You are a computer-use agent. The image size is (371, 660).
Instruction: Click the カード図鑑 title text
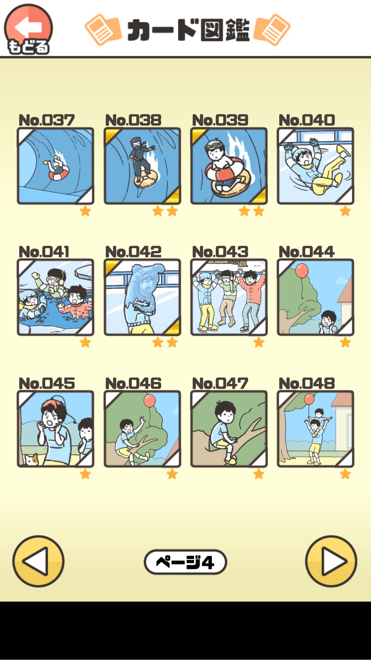[x=188, y=30]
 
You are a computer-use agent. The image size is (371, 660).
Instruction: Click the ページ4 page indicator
[x=185, y=562]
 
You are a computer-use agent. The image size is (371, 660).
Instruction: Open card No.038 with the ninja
[x=142, y=166]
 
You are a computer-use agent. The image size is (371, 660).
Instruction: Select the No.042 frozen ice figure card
[x=142, y=297]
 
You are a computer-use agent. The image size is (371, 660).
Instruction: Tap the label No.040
[x=306, y=120]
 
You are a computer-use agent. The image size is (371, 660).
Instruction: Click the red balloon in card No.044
[x=302, y=271]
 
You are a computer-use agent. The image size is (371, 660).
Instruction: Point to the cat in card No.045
[x=32, y=459]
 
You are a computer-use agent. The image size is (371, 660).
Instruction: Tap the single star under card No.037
[x=85, y=211]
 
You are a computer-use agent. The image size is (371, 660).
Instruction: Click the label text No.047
[x=220, y=383]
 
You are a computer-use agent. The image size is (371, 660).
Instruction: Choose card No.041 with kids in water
[x=55, y=297]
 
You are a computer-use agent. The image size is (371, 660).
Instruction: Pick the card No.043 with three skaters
[x=229, y=297]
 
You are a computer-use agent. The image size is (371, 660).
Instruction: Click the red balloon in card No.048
[x=309, y=399]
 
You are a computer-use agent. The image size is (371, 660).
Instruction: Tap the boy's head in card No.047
[x=225, y=412]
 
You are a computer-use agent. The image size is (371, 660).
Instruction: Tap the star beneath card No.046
[x=172, y=474]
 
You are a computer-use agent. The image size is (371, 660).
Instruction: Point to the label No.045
[x=46, y=383]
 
